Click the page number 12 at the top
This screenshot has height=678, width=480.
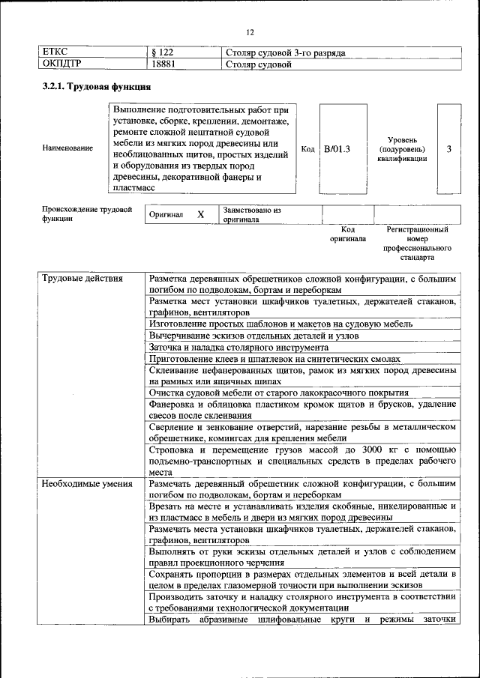[x=250, y=31]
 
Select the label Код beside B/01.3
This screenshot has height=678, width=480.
[x=307, y=149]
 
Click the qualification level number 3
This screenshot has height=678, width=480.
[x=448, y=149]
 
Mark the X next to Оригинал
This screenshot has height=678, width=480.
[x=200, y=214]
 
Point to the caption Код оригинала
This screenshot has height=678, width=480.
[x=348, y=234]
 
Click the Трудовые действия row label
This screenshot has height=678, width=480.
[x=82, y=279]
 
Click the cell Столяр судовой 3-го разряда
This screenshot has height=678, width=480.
[x=285, y=52]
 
